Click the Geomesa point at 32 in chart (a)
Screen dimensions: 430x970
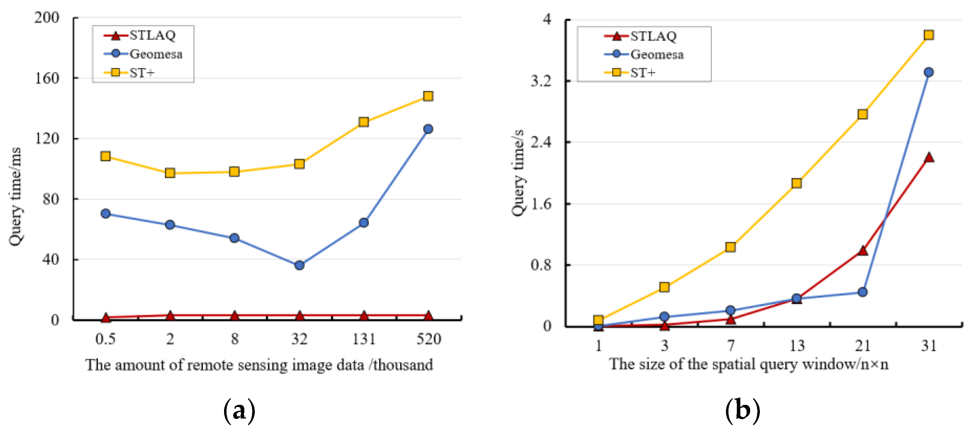pos(299,266)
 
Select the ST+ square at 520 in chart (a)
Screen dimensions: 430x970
pos(428,96)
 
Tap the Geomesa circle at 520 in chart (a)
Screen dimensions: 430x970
pos(428,129)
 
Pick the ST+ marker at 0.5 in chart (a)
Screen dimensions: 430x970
pos(106,156)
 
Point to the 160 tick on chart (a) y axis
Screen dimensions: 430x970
pos(47,78)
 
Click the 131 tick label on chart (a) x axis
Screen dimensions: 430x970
pos(364,339)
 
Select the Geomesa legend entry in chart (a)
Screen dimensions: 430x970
pos(143,54)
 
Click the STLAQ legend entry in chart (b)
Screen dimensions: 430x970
pos(641,36)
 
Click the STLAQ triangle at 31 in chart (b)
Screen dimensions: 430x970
pos(929,158)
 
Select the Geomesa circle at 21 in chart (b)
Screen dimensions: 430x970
pos(863,292)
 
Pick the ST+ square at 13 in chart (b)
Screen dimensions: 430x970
pos(797,183)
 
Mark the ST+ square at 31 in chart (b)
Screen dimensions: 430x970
pos(929,35)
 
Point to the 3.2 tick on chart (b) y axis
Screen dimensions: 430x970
pos(541,81)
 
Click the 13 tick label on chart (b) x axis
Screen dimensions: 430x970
pos(797,346)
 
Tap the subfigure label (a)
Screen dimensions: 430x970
pos(239,411)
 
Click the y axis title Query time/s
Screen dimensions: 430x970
pos(519,173)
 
